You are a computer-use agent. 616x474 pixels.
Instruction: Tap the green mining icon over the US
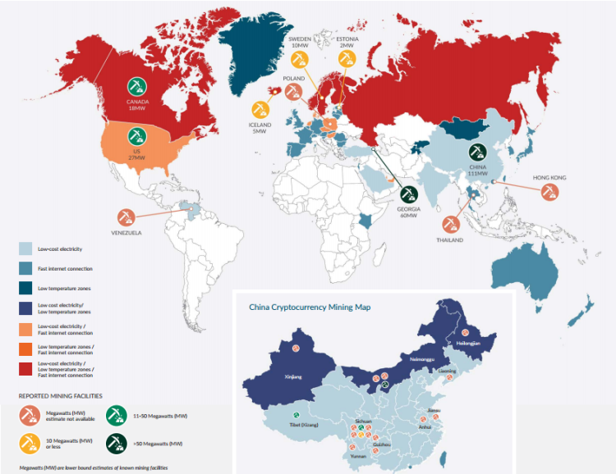click(136, 134)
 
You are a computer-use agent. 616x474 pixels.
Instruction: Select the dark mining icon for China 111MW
click(477, 152)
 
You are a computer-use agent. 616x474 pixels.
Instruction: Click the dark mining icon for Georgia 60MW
click(408, 194)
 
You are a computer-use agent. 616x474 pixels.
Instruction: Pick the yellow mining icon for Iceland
click(260, 108)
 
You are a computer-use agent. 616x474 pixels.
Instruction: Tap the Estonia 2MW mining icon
click(347, 58)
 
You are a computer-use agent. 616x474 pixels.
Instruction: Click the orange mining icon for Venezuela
click(126, 216)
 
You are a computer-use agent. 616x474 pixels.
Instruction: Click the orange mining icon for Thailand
click(451, 224)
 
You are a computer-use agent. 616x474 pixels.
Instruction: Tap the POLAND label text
click(293, 79)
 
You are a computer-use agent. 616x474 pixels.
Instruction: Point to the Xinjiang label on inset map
click(292, 376)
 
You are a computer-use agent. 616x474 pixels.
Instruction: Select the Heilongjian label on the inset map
click(468, 343)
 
